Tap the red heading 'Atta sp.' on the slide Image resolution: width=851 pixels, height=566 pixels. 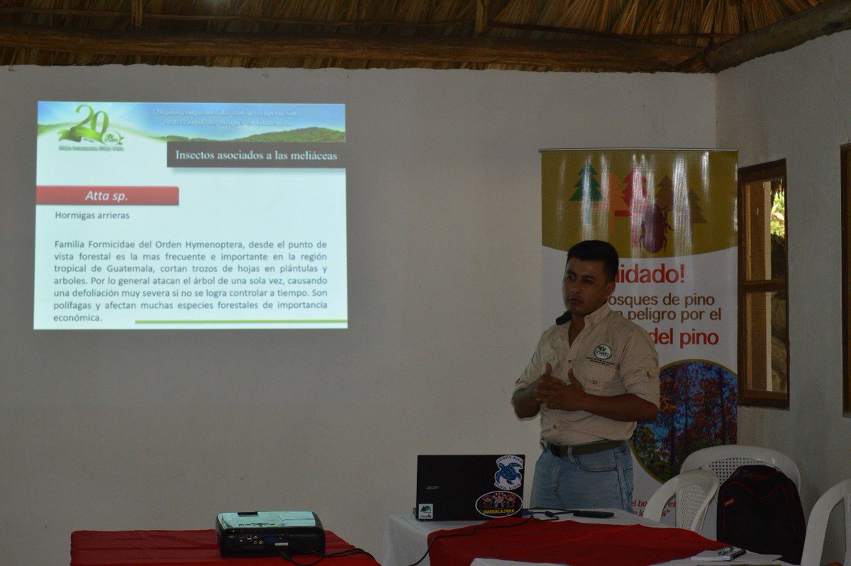(x=107, y=196)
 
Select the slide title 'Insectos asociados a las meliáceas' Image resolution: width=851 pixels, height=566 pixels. (x=256, y=154)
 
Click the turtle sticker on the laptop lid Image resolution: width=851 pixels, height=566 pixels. (x=508, y=472)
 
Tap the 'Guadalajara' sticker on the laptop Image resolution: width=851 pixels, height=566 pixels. (x=498, y=504)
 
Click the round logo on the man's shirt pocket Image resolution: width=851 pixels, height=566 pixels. (x=602, y=351)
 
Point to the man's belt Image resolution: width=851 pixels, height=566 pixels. (x=586, y=448)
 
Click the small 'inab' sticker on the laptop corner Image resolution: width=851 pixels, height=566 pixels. (x=425, y=510)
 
